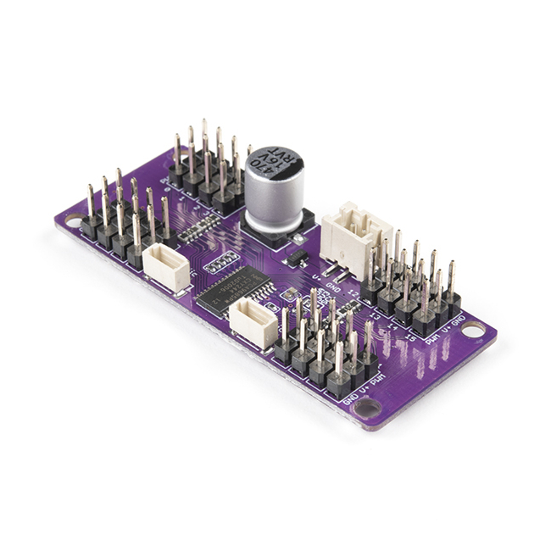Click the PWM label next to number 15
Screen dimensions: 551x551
point(433,339)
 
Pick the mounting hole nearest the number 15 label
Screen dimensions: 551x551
point(472,328)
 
